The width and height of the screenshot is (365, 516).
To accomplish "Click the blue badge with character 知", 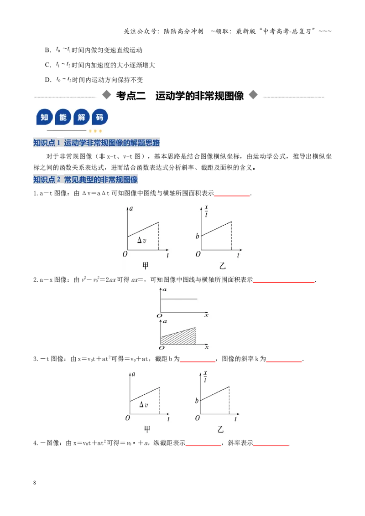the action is tap(44, 117).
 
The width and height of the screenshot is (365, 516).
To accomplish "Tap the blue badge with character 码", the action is tap(100, 117).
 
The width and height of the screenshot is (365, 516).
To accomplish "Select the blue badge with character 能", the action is tap(63, 117).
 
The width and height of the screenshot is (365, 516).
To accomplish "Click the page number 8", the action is tap(35, 482).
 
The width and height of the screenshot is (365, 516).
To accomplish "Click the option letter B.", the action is tap(48, 50).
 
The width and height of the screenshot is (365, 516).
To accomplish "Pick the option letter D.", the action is tap(48, 80).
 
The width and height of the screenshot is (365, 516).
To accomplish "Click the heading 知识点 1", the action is tap(47, 143).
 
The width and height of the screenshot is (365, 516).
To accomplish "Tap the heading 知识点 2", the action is tap(47, 180).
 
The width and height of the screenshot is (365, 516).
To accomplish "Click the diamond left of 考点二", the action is tap(107, 95).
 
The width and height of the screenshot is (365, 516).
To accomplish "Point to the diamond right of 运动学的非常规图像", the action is tap(253, 95).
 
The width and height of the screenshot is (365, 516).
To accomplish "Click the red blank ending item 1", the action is tap(232, 196).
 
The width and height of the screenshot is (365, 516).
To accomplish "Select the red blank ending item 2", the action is tap(284, 282).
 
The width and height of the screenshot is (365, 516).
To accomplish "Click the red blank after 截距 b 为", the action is tap(197, 361).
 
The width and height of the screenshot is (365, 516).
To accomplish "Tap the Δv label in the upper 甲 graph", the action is tap(141, 240).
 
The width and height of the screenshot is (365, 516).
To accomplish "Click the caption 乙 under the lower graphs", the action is tap(220, 429).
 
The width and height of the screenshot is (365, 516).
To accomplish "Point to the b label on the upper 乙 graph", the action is tap(197, 236).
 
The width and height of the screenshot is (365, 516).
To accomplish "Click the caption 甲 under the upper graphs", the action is tap(145, 266).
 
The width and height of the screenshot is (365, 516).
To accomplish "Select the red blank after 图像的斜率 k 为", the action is tap(284, 361).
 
